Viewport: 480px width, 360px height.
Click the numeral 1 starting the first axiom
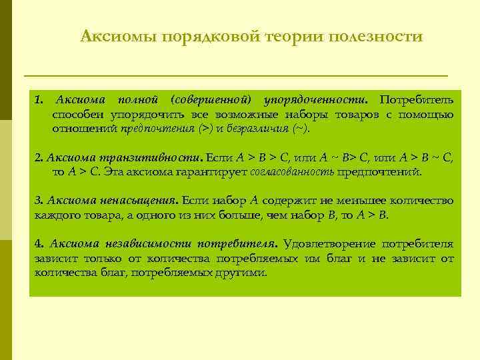38,100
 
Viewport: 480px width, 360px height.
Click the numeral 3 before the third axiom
38,200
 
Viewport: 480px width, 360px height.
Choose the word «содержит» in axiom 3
288,200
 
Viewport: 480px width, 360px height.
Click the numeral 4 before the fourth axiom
38,243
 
